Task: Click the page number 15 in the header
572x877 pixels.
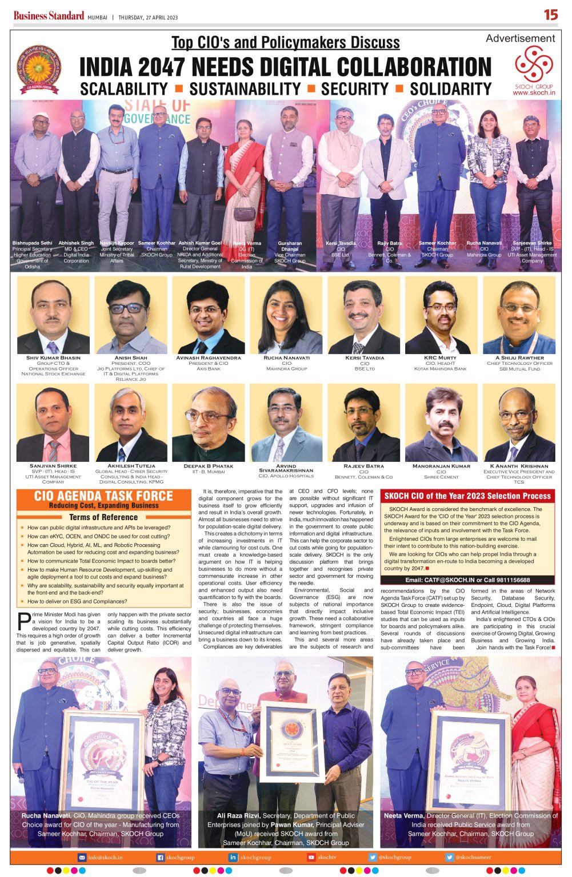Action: [551, 15]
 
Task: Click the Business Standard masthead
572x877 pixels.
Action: [49, 16]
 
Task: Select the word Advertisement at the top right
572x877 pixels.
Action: [520, 38]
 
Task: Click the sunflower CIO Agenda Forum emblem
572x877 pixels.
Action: [38, 69]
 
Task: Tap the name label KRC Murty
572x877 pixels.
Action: [440, 358]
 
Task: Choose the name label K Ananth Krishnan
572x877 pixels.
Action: [519, 466]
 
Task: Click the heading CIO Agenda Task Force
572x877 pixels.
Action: [103, 496]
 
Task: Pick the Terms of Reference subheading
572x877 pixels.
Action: [103, 517]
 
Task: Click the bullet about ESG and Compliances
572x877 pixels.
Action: [77, 601]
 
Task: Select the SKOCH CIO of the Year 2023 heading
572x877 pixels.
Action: [467, 496]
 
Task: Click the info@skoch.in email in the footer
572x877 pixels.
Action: [105, 857]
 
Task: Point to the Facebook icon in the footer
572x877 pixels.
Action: [161, 857]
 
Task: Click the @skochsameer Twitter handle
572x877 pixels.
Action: [473, 857]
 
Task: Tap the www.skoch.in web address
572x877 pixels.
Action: [534, 92]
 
